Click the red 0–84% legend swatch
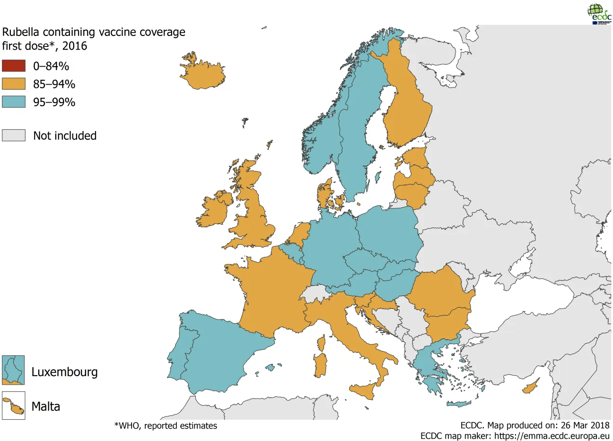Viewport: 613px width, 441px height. [14, 66]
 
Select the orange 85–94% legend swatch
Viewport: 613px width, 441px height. [14, 84]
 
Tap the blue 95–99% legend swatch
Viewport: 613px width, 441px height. [14, 102]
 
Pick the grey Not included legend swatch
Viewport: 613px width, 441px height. [14, 135]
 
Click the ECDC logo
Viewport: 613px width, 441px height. [599, 14]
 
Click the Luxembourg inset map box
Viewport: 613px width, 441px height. [13, 370]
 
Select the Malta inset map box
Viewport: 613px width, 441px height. [13, 406]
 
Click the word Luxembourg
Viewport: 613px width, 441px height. [64, 372]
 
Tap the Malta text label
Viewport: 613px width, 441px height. [46, 406]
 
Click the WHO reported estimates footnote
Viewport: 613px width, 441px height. [166, 426]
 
